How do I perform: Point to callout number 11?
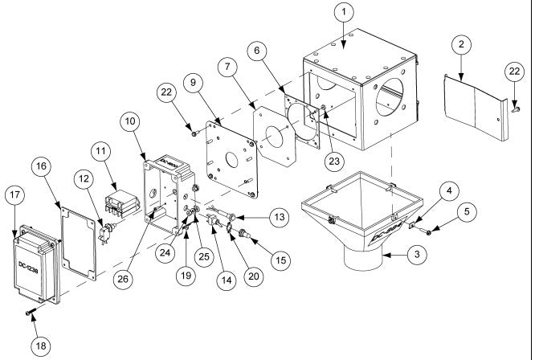100,152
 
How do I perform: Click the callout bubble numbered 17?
15,194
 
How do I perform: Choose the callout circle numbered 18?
40,345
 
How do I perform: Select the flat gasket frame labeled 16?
78,237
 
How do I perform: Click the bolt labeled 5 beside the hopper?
428,232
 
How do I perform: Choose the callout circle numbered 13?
279,218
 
